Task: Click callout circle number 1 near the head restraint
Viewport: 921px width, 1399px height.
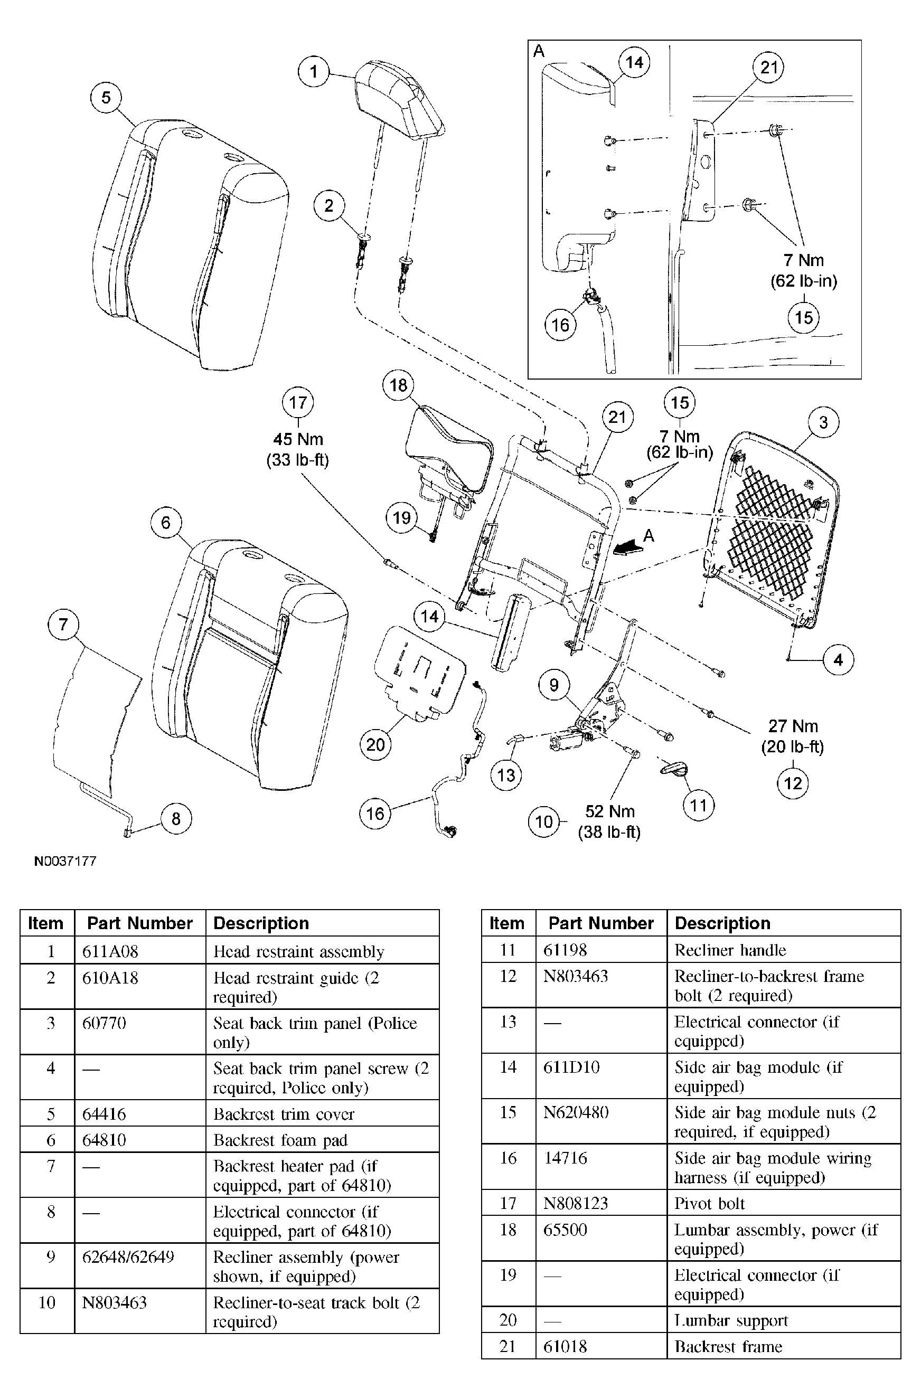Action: click(x=314, y=72)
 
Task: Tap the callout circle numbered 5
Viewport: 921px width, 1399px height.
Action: click(x=106, y=98)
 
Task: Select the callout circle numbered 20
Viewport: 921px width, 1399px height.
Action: click(x=375, y=745)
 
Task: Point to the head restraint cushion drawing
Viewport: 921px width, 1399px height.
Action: click(x=399, y=98)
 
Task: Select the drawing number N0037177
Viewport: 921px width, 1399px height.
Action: click(x=65, y=861)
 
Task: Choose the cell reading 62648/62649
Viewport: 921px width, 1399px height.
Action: click(x=128, y=1257)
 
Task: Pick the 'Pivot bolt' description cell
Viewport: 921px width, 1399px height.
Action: click(x=709, y=1203)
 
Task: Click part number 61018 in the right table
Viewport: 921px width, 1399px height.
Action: click(x=565, y=1346)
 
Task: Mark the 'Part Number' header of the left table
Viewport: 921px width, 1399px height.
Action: click(x=139, y=923)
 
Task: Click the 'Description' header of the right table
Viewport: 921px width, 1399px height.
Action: click(x=722, y=923)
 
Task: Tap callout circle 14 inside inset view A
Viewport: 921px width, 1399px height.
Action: click(x=634, y=63)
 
